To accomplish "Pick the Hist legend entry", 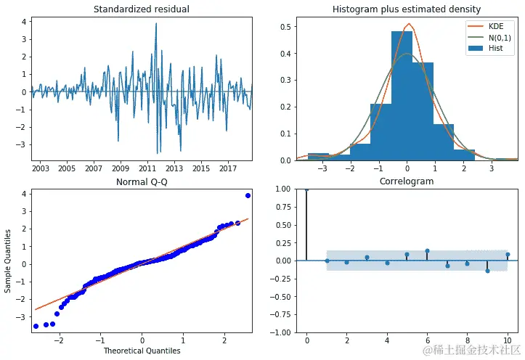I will pyautogui.click(x=495, y=48).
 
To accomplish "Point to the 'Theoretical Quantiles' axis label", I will pyautogui.click(x=142, y=351).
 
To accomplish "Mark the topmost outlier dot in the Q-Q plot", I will pyautogui.click(x=248, y=196).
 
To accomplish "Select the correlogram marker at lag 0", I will pyautogui.click(x=307, y=189).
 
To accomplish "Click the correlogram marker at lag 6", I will pyautogui.click(x=427, y=251).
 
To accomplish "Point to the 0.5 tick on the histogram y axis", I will pyautogui.click(x=286, y=27).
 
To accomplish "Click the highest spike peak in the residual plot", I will pyautogui.click(x=155, y=23).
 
